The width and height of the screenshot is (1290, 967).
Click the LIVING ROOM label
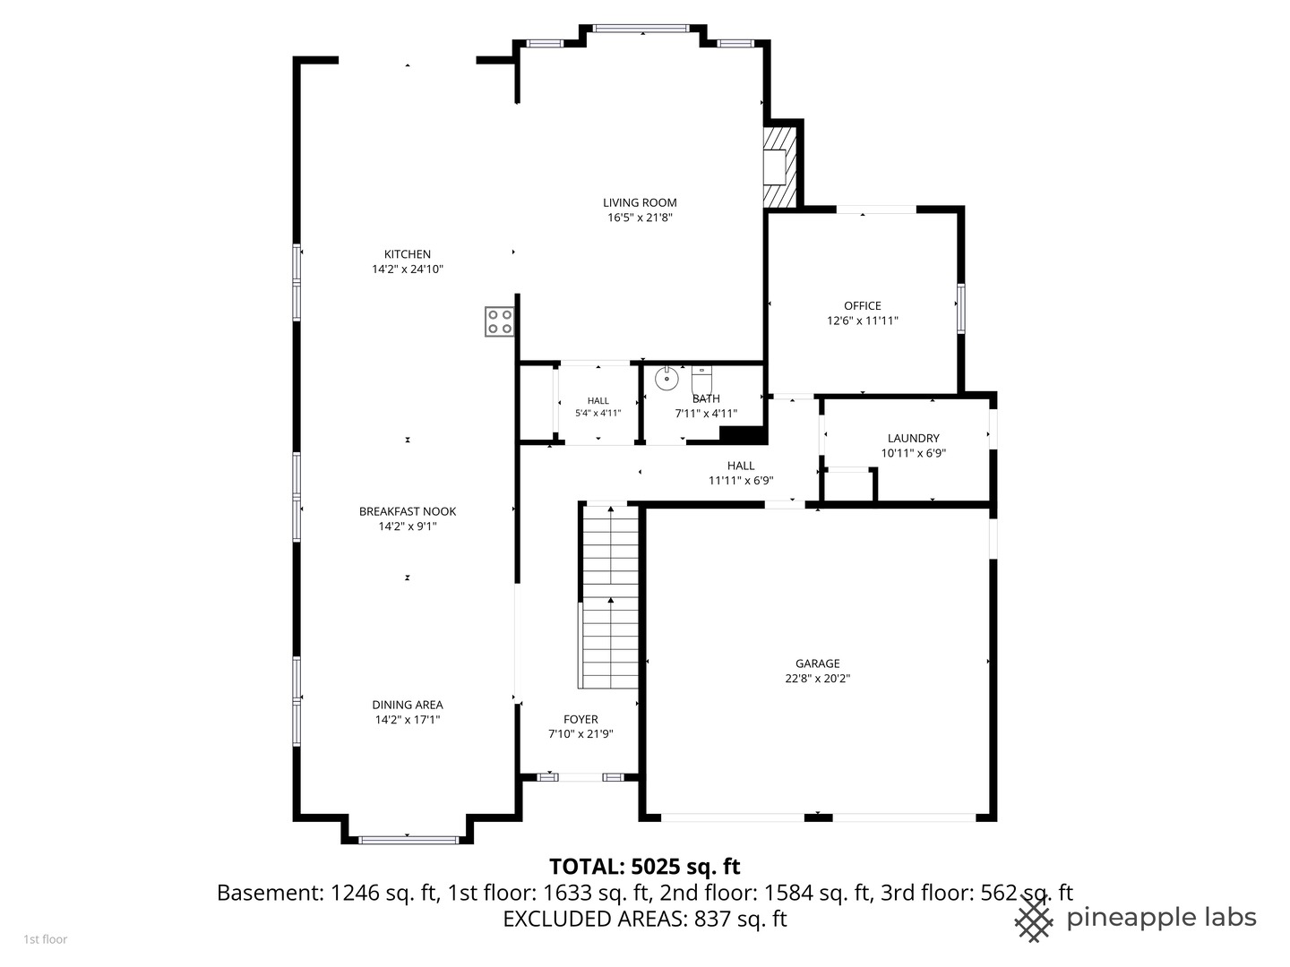pos(640,203)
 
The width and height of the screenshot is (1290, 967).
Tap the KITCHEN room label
pos(408,254)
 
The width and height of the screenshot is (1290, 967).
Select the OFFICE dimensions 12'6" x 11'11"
pos(862,321)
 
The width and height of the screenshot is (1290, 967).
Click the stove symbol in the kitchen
pos(500,321)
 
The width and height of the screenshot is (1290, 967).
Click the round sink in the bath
pos(666,379)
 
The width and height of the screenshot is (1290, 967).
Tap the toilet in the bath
pos(701,379)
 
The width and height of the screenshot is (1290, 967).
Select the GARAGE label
pos(817,663)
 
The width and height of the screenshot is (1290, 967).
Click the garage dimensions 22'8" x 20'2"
pos(817,679)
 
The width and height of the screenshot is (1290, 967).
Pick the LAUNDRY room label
pos(913,438)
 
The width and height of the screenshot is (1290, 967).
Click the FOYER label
pos(580,719)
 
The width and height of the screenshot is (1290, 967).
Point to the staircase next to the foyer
pos(610,598)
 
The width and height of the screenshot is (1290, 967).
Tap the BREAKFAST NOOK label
pos(408,511)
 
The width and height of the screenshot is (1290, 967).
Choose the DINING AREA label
pos(408,705)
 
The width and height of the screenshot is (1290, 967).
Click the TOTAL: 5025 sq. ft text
pos(644,867)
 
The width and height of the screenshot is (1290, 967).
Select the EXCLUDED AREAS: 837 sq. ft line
pos(644,919)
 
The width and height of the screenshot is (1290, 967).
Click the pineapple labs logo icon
pos(1034,918)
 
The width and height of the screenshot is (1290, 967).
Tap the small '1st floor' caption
pos(45,939)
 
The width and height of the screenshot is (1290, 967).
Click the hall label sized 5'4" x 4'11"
pos(598,406)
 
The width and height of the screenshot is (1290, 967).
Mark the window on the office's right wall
pos(960,308)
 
